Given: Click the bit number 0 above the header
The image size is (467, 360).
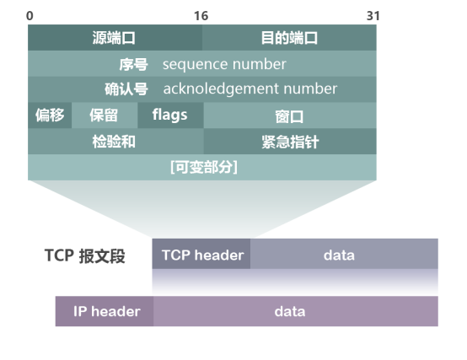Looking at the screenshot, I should point(30,16).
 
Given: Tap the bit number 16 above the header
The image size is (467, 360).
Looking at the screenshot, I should point(201,16).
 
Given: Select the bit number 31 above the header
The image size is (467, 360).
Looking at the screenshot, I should point(373,16).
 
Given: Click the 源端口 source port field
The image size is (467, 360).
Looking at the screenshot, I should point(115,38).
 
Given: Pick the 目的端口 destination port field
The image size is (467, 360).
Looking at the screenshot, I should point(289,38).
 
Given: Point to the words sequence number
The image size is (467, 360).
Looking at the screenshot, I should point(224,64).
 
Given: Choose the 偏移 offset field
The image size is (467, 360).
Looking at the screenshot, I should point(50,116).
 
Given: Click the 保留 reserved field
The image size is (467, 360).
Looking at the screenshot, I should point(104,116).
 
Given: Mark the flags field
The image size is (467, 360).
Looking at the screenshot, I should point(169,115).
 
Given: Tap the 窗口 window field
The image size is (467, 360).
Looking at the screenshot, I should point(289,116).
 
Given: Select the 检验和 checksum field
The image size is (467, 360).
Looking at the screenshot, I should point(114,142).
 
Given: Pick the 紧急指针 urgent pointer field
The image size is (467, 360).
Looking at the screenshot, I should point(289,142).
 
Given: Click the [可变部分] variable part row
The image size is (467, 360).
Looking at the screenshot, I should point(203,167).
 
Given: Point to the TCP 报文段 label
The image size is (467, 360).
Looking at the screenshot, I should point(84,255).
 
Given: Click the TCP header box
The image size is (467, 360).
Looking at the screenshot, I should point(202,255).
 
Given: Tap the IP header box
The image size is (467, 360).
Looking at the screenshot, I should point(105,311).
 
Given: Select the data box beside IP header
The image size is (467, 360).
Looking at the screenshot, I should point(289,311).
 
